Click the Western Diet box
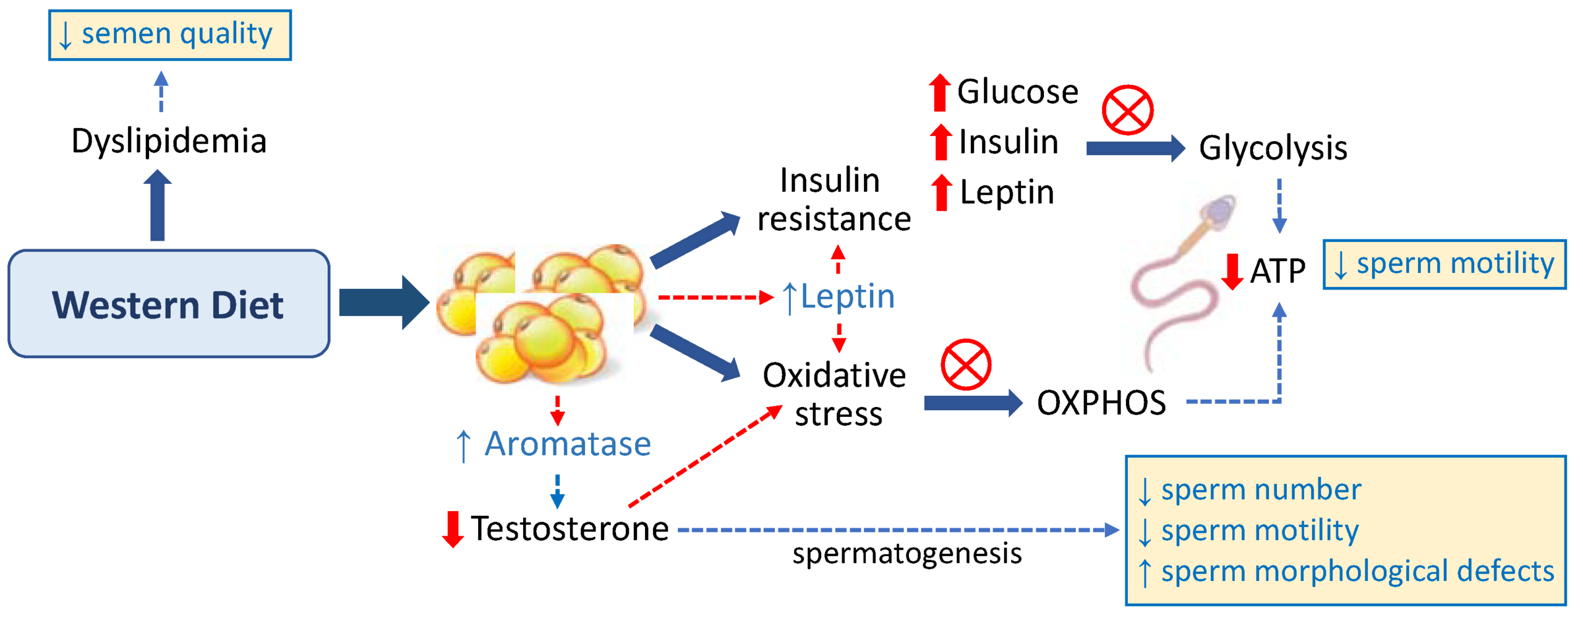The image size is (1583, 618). coord(169,304)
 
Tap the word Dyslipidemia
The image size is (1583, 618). coord(169,141)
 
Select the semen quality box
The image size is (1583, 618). coord(170,35)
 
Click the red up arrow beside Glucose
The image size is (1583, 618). coord(939,93)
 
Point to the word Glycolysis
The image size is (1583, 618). coord(1273,148)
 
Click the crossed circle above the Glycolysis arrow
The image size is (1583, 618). coord(1127,110)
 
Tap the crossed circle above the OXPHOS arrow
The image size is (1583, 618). coord(966,364)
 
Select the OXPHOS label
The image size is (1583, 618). coord(1101,403)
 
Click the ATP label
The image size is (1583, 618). coord(1278,271)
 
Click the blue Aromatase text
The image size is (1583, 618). coord(567,444)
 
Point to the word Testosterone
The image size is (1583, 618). coord(570,529)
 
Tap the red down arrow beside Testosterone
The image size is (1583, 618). coord(453,529)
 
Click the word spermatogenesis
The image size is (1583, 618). coord(907,554)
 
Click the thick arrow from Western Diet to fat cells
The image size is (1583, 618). coord(383,303)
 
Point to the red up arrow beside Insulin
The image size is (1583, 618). coord(941,142)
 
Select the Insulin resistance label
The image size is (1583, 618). coord(834,199)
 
